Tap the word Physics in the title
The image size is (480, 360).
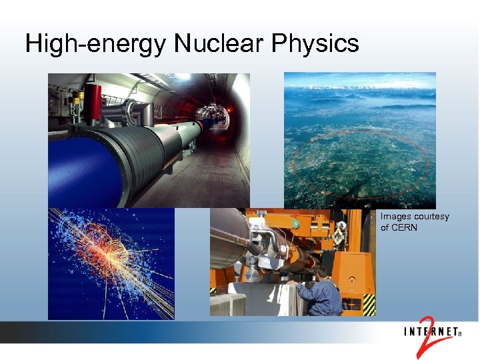click(x=315, y=44)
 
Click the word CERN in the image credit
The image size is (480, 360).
click(x=404, y=227)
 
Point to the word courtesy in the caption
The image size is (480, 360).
click(x=431, y=217)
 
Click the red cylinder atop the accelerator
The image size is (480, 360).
click(x=93, y=100)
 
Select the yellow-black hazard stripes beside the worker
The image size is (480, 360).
click(x=368, y=303)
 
